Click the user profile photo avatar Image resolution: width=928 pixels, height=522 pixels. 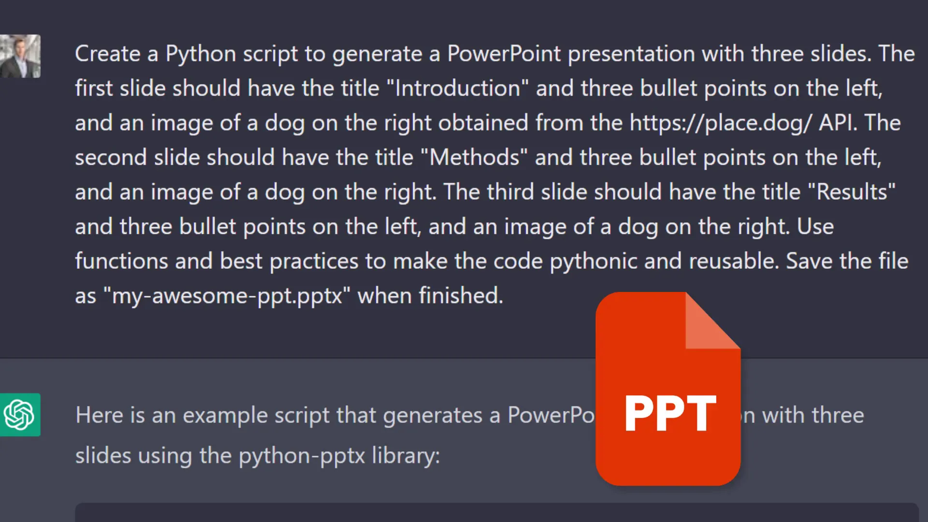tap(20, 56)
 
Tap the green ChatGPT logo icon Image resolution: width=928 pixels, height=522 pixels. tap(20, 415)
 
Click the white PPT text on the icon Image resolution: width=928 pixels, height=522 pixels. tap(670, 413)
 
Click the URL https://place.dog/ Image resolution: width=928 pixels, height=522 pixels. tap(720, 123)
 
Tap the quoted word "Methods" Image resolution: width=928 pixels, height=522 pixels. tap(474, 158)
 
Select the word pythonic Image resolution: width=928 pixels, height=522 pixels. tap(593, 261)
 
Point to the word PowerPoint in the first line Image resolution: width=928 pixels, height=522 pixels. tap(504, 54)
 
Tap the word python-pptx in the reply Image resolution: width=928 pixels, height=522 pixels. tap(302, 456)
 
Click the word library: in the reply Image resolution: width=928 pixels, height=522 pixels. tap(406, 456)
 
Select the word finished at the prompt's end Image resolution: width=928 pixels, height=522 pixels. tap(460, 296)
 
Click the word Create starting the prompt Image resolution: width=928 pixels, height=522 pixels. tap(107, 54)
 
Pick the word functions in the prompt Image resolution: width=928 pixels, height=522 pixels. tap(121, 261)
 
